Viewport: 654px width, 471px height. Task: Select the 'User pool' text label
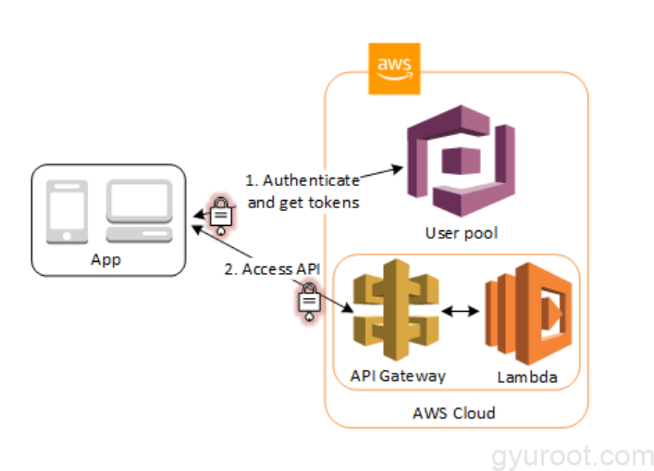click(461, 232)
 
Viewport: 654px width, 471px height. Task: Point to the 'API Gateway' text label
click(398, 376)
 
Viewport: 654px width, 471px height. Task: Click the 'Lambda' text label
click(524, 377)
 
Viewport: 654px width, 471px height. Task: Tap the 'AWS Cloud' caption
click(453, 413)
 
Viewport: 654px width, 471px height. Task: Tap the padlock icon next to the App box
click(221, 214)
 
